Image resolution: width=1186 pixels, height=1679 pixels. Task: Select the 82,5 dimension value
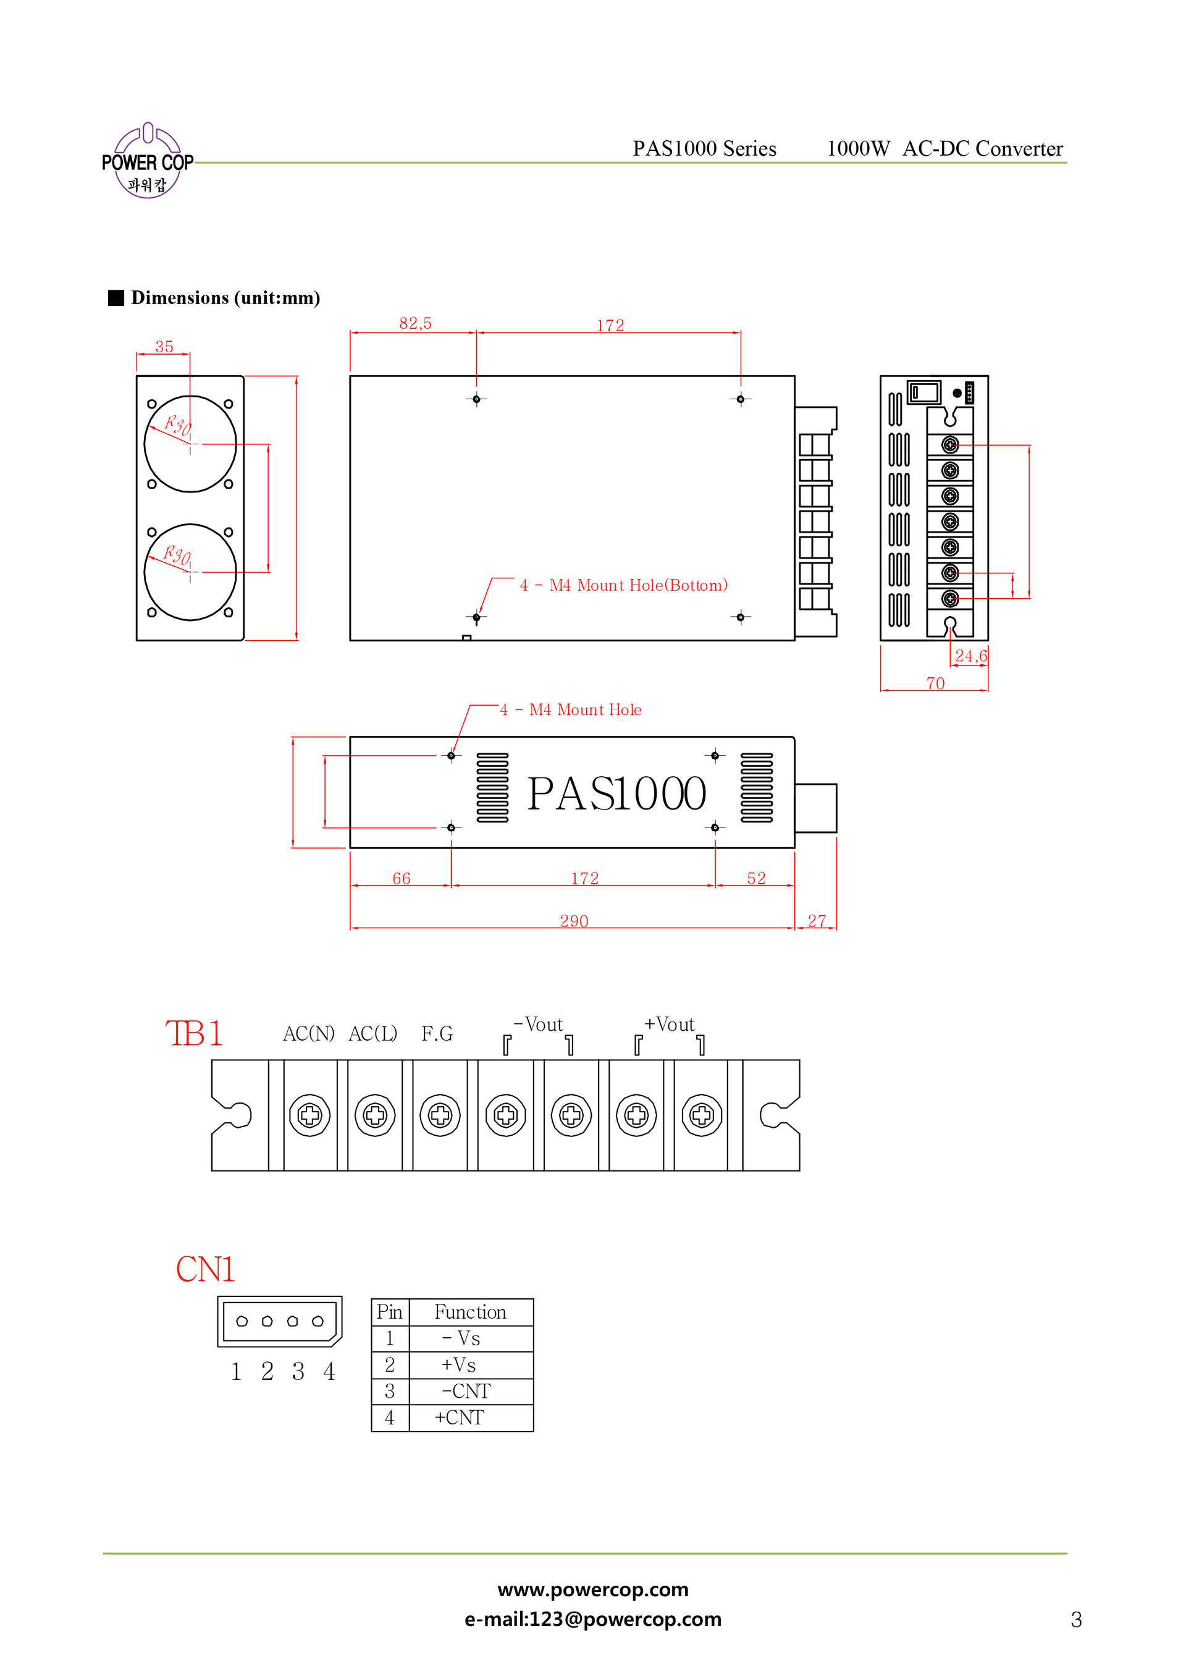coord(415,323)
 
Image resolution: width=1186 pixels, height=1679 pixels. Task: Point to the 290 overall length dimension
coord(574,921)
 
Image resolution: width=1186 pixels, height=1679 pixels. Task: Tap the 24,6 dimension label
coord(970,656)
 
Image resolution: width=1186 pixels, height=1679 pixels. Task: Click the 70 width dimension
coord(935,683)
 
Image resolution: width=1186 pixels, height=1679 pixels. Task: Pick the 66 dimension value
coord(402,878)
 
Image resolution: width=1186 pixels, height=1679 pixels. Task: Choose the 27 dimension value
coord(817,921)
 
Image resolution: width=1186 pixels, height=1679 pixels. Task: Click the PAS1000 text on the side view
coord(616,794)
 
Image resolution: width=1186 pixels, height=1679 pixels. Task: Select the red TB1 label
coord(194,1033)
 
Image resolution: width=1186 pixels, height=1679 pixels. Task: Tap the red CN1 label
coord(206,1269)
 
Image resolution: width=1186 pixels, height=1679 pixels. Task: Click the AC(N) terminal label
coord(309,1033)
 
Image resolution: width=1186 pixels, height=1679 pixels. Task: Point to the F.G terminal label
coord(437,1033)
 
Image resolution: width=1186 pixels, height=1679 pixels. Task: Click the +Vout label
coord(669,1025)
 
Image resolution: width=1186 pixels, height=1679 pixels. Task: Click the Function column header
coord(470,1312)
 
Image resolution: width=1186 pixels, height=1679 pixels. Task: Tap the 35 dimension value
coord(164,347)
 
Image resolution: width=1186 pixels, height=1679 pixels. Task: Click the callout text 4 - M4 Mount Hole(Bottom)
coord(624,585)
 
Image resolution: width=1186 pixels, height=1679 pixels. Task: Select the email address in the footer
coord(593,1619)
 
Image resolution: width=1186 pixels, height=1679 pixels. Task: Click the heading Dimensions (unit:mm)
coord(225,298)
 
